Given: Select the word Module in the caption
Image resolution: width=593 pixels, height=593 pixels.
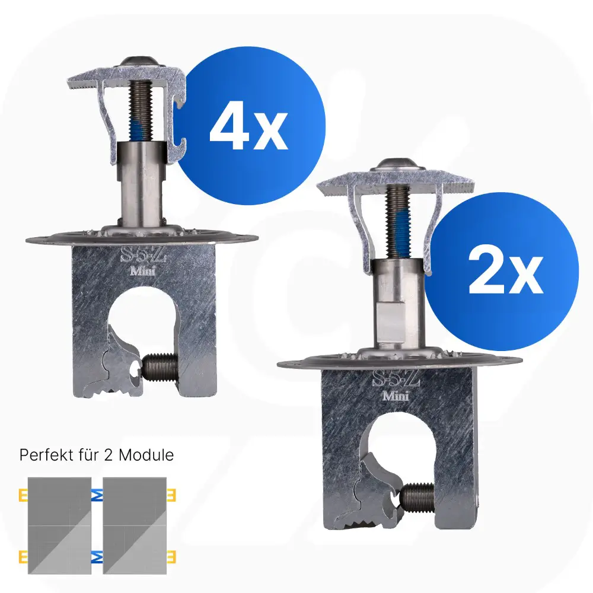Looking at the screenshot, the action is click(x=146, y=455).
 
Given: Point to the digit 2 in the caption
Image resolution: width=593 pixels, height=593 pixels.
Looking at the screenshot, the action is click(x=108, y=455).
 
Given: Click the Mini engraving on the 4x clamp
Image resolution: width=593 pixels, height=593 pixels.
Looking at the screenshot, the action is click(x=142, y=271).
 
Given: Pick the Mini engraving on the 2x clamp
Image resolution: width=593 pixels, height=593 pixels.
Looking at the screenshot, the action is click(x=396, y=396).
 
